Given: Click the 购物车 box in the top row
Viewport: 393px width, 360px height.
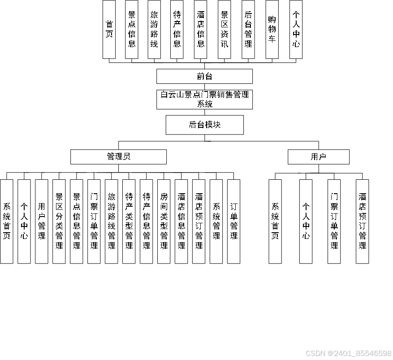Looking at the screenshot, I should click(x=272, y=29).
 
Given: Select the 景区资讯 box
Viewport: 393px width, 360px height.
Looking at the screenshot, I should click(x=225, y=29).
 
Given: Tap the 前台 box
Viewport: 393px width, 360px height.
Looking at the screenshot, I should click(x=204, y=76).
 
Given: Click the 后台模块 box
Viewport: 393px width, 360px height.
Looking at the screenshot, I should click(x=204, y=125).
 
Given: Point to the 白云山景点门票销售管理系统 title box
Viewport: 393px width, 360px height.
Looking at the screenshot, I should click(x=204, y=99).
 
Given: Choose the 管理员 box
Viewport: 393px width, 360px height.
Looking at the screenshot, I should click(x=118, y=156).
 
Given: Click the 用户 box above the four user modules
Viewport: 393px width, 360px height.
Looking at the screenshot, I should click(x=318, y=156).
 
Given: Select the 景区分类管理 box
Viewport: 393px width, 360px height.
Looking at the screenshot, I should click(x=59, y=221).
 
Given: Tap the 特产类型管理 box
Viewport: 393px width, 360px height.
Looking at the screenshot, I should click(x=129, y=221).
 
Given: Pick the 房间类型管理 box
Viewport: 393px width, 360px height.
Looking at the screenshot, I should click(x=164, y=221).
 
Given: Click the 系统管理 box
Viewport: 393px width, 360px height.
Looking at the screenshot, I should click(x=216, y=221).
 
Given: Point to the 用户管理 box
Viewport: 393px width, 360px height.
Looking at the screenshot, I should click(x=42, y=221).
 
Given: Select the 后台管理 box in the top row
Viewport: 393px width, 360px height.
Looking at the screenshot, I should click(x=248, y=29).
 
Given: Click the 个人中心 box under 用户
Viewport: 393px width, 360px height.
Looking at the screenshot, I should click(x=306, y=221).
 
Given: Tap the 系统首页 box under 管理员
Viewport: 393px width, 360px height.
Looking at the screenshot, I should click(x=7, y=221).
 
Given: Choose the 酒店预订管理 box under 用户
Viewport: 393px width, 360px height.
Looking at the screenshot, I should click(x=362, y=221).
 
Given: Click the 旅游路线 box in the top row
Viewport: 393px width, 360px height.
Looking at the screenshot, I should click(x=154, y=29).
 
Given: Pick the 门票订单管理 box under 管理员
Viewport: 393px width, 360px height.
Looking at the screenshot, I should click(x=94, y=221).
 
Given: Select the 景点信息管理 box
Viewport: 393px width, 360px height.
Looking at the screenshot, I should click(x=77, y=221).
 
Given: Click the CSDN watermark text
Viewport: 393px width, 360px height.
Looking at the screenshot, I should click(x=348, y=353).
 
